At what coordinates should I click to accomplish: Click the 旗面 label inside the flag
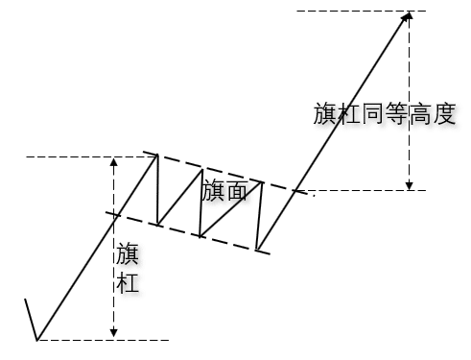tap(225, 191)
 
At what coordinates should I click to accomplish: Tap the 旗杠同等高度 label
tap(384, 114)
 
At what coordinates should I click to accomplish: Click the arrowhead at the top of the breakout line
tap(408, 15)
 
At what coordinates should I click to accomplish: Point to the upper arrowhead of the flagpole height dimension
tap(113, 162)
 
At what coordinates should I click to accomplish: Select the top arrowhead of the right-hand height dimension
tap(410, 18)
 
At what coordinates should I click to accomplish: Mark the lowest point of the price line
tap(37, 339)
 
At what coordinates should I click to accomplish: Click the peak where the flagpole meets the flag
tap(156, 155)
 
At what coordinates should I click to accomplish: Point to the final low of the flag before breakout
tap(259, 251)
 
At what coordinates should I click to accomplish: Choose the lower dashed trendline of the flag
tap(192, 233)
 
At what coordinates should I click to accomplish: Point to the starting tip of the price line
tap(24, 300)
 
